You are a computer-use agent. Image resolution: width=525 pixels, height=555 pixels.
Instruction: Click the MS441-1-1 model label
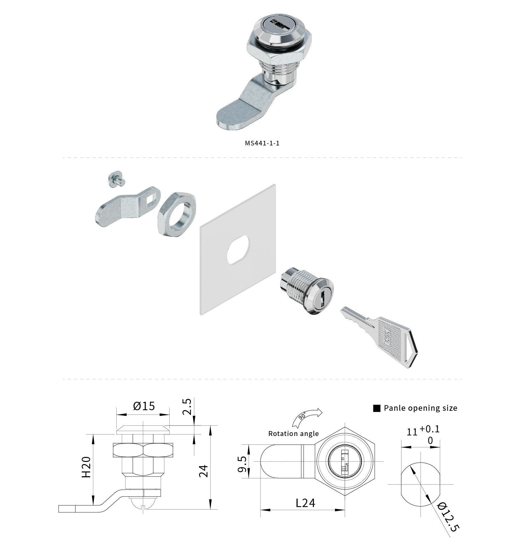coord(262,143)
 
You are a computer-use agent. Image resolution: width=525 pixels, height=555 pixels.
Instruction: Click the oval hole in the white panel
coord(238,250)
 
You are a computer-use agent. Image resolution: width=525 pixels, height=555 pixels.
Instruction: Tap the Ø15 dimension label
coord(144,406)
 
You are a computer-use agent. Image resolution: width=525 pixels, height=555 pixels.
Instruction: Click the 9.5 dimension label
coord(243,464)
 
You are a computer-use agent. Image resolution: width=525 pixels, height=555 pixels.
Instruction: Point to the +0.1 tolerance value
coord(430,429)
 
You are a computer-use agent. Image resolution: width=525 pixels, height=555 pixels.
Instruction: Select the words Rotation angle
coord(294,434)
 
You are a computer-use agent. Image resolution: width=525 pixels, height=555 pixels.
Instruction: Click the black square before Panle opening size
coord(377,408)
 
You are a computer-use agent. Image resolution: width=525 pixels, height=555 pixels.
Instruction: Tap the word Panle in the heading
coord(394,408)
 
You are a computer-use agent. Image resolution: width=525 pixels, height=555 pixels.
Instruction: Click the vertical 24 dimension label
coord(203,471)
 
